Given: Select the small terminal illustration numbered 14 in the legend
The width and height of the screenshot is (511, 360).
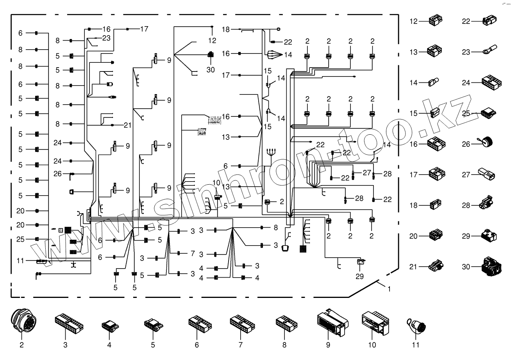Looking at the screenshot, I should tap(433, 83).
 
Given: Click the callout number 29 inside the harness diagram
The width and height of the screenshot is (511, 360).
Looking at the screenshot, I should tap(359, 276).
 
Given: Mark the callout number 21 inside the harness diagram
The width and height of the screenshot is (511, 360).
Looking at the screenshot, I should tap(127, 125).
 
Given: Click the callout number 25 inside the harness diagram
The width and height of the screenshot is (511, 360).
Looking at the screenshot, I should tap(20, 239).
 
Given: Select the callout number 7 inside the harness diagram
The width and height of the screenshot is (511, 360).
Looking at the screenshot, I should tap(192, 253).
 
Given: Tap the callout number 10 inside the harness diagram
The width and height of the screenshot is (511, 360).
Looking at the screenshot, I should tap(216, 183).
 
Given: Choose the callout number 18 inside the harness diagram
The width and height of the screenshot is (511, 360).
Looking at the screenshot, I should tap(226, 29).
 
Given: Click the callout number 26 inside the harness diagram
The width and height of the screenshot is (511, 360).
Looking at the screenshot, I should tap(58, 174).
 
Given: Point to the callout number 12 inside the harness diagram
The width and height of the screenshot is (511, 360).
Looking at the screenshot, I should tap(212, 40).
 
